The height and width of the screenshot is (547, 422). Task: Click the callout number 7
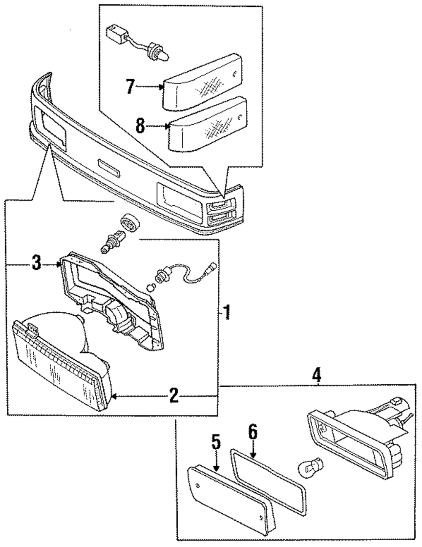[130, 86]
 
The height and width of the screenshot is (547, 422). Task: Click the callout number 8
[141, 126]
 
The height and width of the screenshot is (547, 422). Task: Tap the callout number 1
[227, 312]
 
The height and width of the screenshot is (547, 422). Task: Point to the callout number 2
[174, 395]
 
